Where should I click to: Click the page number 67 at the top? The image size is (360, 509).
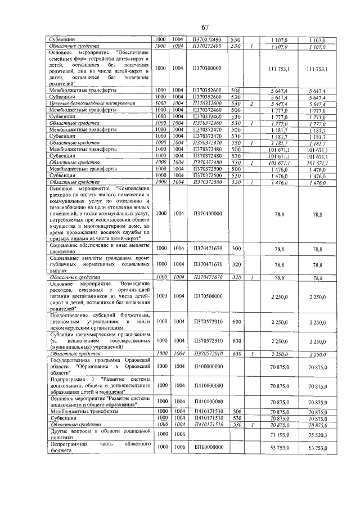pos(205,28)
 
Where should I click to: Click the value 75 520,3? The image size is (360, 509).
pos(318,435)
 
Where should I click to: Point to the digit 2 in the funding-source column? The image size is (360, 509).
pos(253,104)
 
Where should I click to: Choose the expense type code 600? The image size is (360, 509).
pos(236,322)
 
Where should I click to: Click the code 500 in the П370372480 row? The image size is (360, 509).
pos(236,149)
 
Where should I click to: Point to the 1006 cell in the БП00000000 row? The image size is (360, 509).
pos(178,447)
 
